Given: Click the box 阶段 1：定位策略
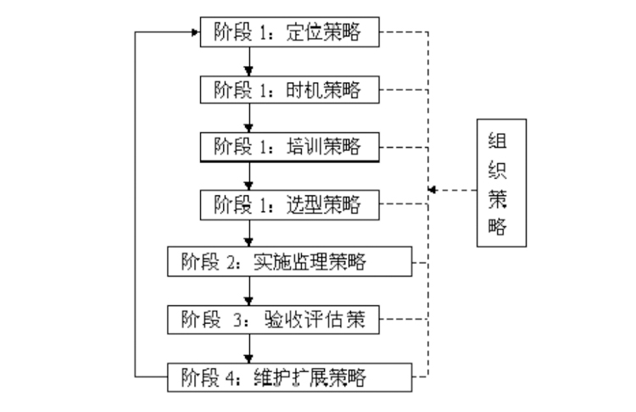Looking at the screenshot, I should pos(287,32).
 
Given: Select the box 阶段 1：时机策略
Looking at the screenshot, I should pos(287,88).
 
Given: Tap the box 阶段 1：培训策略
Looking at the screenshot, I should pos(287,146).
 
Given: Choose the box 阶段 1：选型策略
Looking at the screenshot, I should pos(287,203).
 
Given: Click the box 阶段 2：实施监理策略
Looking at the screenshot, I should pos(287,261).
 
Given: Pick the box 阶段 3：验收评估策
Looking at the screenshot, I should pos(287,319).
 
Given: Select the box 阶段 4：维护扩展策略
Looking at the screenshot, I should pos(287,374).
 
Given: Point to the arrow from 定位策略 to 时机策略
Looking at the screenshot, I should pos(249,60).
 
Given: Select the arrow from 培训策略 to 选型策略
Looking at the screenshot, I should pos(249,175).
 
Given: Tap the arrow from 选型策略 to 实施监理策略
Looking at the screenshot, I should pos(249,232).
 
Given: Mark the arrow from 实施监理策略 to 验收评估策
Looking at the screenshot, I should pos(249,290).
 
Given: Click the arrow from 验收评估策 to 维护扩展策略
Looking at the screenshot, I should pos(249,347).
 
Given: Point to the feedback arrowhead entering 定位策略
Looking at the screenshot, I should pos(195,32).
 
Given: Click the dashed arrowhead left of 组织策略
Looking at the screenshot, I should pos(432,189).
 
